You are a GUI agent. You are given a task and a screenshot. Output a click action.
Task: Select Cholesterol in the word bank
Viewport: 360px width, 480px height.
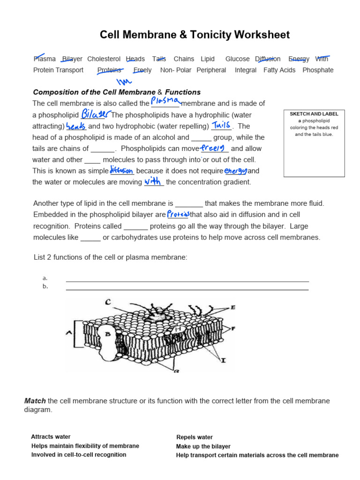pos(104,59)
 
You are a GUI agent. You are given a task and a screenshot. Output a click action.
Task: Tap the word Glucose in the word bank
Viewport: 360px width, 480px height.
pos(237,59)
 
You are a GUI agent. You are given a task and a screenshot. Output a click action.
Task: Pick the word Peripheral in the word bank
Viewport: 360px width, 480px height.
pos(211,70)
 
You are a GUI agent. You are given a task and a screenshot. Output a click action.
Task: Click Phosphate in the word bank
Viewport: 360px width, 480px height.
pos(318,70)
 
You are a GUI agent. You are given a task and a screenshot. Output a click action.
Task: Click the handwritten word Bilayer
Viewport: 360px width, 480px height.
pos(96,114)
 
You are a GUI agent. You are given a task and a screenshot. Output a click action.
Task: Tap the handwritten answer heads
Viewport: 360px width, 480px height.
pos(76,126)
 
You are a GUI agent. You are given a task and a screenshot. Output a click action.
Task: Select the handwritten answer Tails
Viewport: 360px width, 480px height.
pos(221,125)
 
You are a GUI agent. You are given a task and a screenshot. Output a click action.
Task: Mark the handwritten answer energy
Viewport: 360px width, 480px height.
pos(236,171)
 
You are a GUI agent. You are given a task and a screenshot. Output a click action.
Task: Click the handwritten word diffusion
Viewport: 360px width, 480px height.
pos(121,171)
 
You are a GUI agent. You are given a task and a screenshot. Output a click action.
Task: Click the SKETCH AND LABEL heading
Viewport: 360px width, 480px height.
pos(314,114)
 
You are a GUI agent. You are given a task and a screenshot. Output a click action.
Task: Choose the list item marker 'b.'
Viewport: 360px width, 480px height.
pos(45,286)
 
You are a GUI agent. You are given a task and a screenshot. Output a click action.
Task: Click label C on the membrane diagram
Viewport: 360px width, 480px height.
pos(108,302)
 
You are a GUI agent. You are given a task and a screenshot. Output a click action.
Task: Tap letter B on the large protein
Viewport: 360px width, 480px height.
pos(107,334)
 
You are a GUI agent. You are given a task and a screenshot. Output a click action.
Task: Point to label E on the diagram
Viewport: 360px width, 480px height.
pos(233,307)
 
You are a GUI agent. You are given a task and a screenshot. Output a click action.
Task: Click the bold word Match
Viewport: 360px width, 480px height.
pos(35,401)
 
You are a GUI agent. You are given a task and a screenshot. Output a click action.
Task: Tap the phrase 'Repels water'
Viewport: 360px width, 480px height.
pos(195,437)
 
